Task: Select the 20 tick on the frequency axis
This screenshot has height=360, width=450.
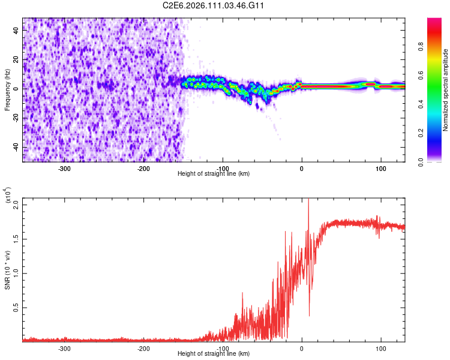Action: [x=16, y=59]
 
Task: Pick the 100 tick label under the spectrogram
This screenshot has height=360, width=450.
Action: [x=380, y=168]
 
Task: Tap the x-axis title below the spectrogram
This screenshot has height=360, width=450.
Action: [x=214, y=174]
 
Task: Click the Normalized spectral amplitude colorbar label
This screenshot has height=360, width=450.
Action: [x=446, y=90]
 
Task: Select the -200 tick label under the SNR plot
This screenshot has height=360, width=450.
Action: [x=143, y=348]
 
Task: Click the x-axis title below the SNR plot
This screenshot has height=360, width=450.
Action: [x=214, y=354]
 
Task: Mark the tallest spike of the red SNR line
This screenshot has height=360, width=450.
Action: [x=308, y=200]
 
